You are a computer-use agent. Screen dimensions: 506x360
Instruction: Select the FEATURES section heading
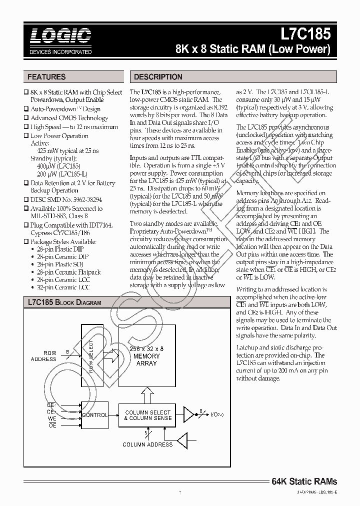pos(46,77)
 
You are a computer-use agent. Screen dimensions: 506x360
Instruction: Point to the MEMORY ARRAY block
pos(146,355)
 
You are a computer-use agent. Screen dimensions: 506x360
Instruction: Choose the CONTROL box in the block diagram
pos(94,415)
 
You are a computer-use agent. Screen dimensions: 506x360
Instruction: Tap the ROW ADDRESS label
pos(43,356)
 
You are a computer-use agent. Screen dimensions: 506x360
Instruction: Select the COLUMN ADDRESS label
pos(147,444)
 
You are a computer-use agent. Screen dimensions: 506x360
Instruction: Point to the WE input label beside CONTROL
pos(51,419)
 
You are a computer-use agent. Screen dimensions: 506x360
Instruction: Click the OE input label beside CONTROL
pos(51,425)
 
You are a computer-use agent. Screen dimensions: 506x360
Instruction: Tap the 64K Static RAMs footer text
pos(304,481)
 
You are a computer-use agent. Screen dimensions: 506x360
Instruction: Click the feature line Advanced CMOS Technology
pos(69,118)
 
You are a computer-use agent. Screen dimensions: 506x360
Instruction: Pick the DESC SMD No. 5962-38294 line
pos(66,199)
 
